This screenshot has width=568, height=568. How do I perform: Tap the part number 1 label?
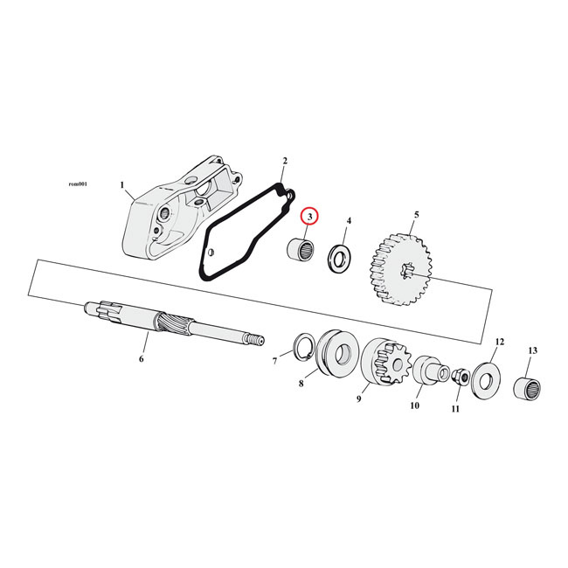tap(123, 185)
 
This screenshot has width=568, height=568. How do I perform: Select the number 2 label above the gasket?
tap(284, 161)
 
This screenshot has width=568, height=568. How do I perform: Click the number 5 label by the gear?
tap(416, 214)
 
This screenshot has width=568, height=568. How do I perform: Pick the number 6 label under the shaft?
tap(141, 358)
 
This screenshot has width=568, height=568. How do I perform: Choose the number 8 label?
tap(301, 382)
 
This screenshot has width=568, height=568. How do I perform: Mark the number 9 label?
tap(358, 399)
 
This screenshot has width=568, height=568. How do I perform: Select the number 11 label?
tap(455, 408)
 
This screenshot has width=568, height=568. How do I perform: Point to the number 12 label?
tap(500, 341)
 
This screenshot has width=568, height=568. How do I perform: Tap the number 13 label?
tap(532, 350)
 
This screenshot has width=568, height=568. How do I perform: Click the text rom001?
tap(78, 184)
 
